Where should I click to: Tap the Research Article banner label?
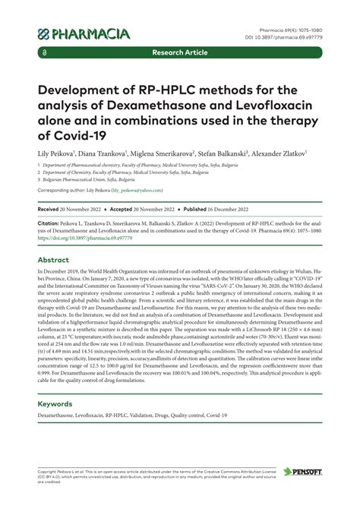pos(180,54)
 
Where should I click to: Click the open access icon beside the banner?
pos(46,54)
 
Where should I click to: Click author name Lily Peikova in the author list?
pos(58,153)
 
